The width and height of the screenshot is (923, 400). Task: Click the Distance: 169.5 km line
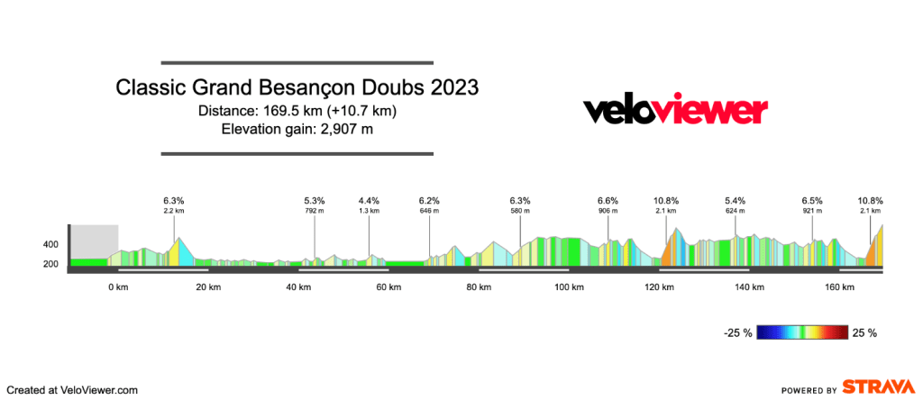pyautogui.click(x=297, y=111)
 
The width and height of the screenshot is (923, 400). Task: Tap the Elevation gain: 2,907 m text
pyautogui.click(x=297, y=129)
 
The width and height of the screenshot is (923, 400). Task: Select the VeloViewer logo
pyautogui.click(x=675, y=110)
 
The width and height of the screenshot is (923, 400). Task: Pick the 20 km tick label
pyautogui.click(x=208, y=287)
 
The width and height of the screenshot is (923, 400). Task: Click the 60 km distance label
pyautogui.click(x=388, y=287)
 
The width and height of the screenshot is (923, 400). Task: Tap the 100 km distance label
pyautogui.click(x=569, y=287)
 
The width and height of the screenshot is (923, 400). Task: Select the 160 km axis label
pyautogui.click(x=839, y=287)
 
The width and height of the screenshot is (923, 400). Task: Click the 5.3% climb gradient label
pyautogui.click(x=315, y=200)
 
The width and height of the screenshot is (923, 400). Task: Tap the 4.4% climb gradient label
pyautogui.click(x=369, y=200)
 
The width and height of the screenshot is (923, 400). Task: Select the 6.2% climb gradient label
pyautogui.click(x=429, y=200)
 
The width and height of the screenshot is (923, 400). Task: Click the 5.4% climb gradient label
pyautogui.click(x=736, y=200)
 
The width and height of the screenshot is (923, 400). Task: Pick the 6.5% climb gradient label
pyautogui.click(x=812, y=200)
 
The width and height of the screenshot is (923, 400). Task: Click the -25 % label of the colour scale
pyautogui.click(x=738, y=333)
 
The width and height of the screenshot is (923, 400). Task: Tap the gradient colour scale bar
pyautogui.click(x=802, y=332)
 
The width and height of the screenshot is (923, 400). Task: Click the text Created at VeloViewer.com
pyautogui.click(x=70, y=389)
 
